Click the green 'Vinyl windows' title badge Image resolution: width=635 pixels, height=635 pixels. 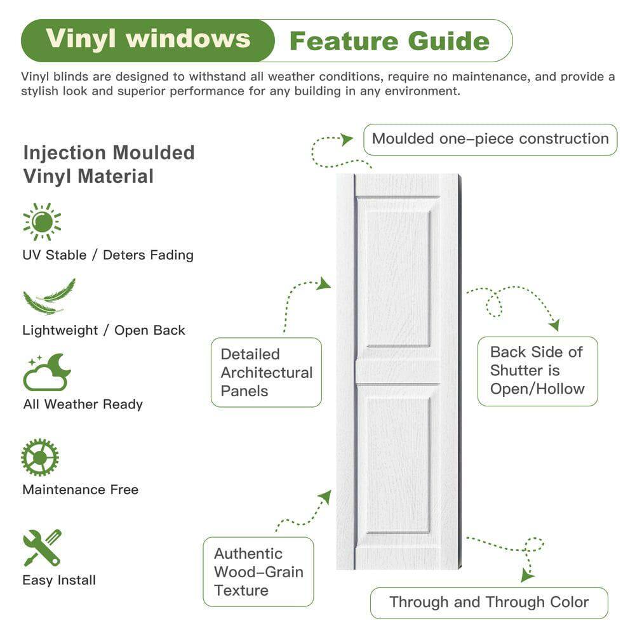147,39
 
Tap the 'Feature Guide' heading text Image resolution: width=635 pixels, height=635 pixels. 389,41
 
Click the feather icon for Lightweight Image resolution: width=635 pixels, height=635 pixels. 49,297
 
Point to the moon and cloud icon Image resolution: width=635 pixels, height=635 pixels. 46,372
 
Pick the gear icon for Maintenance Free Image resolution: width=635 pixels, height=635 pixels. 40,457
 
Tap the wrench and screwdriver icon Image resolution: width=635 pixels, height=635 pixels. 42,547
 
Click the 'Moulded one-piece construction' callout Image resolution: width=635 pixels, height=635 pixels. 490,139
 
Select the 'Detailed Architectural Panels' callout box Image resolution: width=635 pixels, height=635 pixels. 266,372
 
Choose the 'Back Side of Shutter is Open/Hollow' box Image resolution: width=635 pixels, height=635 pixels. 537,371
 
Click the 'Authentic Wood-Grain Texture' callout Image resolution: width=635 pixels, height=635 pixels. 258,571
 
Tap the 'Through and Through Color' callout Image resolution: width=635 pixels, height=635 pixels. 489,602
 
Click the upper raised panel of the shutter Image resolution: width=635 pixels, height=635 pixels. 398,278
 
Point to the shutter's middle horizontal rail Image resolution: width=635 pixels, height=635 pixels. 398,371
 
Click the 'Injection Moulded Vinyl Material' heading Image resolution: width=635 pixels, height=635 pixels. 109,164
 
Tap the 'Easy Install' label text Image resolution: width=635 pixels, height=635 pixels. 59,580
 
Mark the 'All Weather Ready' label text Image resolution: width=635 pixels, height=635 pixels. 83,404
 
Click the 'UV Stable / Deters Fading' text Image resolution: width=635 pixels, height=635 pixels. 108,255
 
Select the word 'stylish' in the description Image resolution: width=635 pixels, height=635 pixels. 44,91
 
